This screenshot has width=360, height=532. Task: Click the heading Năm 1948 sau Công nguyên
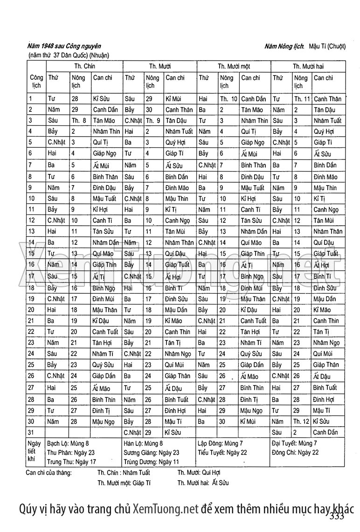pos(64,46)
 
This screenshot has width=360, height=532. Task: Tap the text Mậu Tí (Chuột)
pos(326,46)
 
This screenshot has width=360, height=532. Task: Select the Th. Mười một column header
pos(234,66)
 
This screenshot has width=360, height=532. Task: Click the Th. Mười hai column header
pos(308,66)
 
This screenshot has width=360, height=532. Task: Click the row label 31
pos(32,432)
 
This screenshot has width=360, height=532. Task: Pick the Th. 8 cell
pos(79,120)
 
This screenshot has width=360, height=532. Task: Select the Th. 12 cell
pos(302,421)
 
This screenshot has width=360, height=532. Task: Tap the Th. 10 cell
pos(228,99)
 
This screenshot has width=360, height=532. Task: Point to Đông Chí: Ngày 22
pos(295,452)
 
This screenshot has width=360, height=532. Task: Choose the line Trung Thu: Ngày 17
pos(71,462)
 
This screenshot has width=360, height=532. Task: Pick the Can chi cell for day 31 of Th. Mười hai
pos(326,432)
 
